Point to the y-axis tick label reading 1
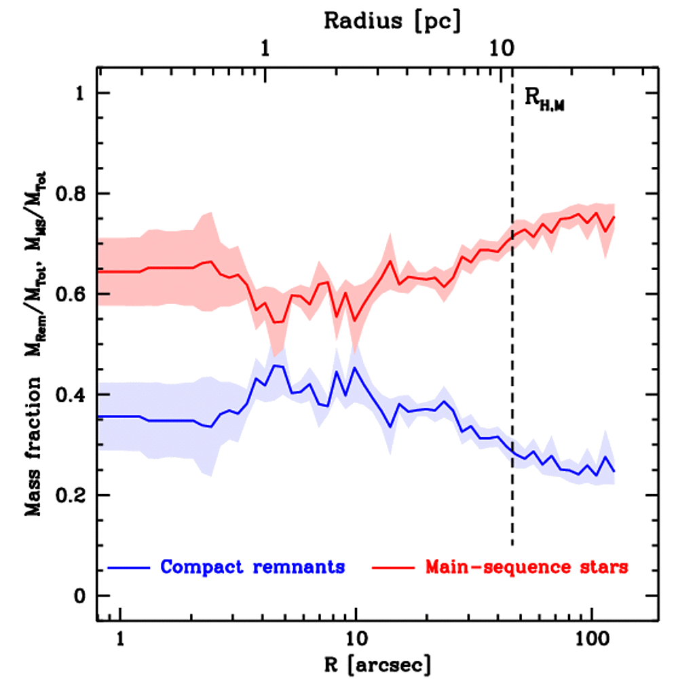tap(80, 94)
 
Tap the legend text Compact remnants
tap(252, 567)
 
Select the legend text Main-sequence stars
tap(526, 567)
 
